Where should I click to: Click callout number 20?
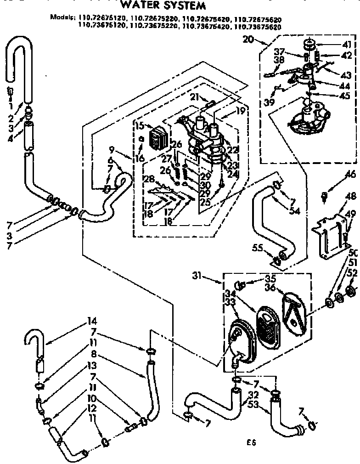coord(248,40)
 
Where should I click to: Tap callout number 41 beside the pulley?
coord(346,45)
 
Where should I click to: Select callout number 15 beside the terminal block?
coord(140,125)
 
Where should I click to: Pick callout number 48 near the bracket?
coord(350,196)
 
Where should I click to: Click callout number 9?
coord(112,149)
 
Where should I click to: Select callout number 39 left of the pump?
coord(268,102)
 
